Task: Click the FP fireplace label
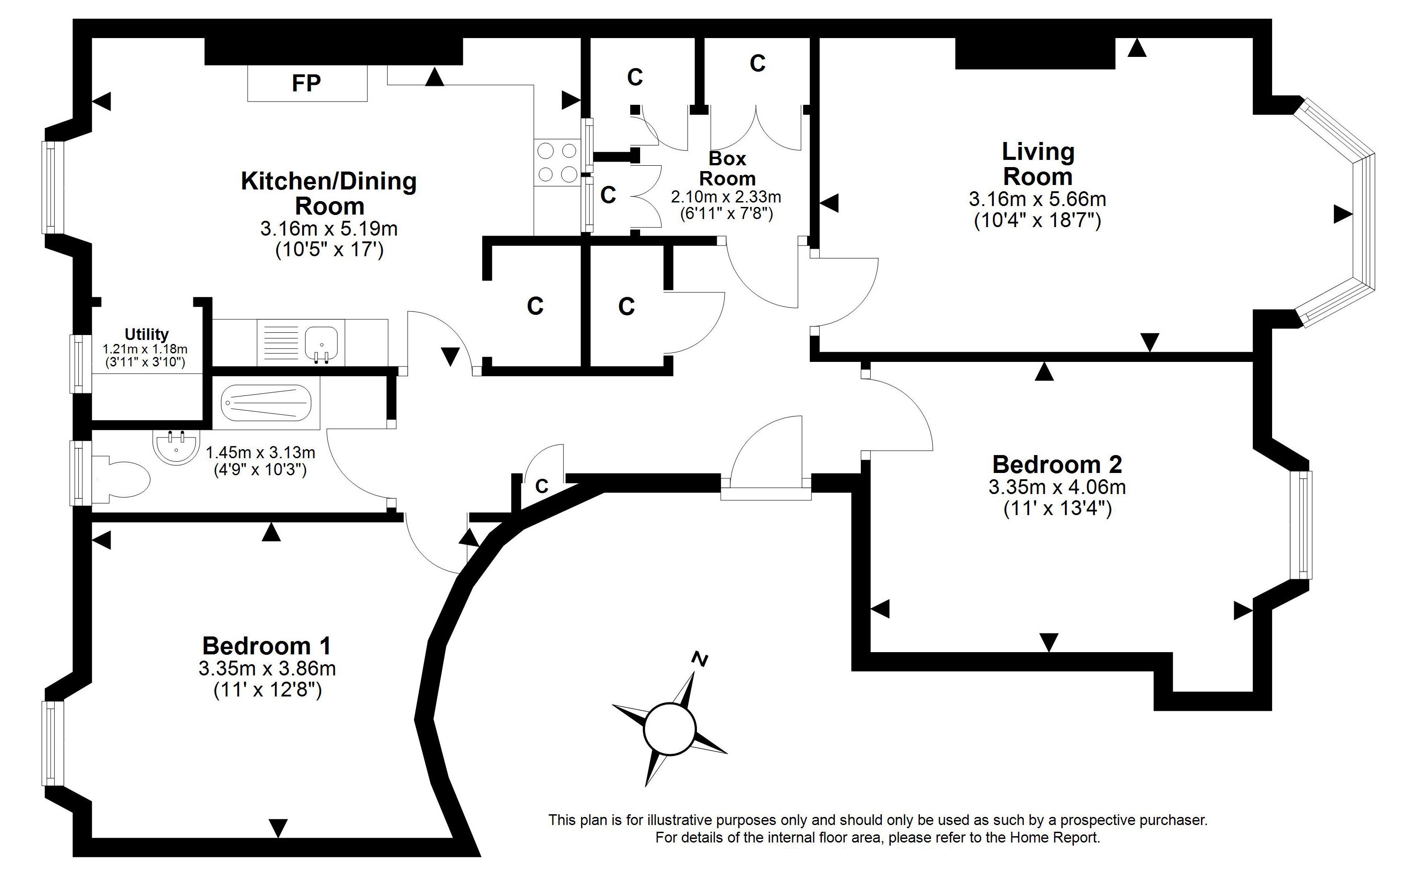pyautogui.click(x=306, y=83)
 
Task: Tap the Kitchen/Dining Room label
pyautogui.click(x=329, y=193)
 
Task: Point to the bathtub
pyautogui.click(x=266, y=403)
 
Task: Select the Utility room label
pyautogui.click(x=147, y=335)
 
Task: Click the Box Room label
pyautogui.click(x=727, y=168)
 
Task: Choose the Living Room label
pyautogui.click(x=1038, y=164)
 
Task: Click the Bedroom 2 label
pyautogui.click(x=1057, y=464)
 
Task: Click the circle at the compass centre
pyautogui.click(x=670, y=730)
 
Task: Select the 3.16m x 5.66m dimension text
pyautogui.click(x=1038, y=199)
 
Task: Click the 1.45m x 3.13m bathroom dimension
pyautogui.click(x=261, y=452)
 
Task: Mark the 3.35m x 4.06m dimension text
pyautogui.click(x=1057, y=486)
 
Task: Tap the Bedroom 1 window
pyautogui.click(x=52, y=743)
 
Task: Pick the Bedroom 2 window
pyautogui.click(x=1301, y=525)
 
